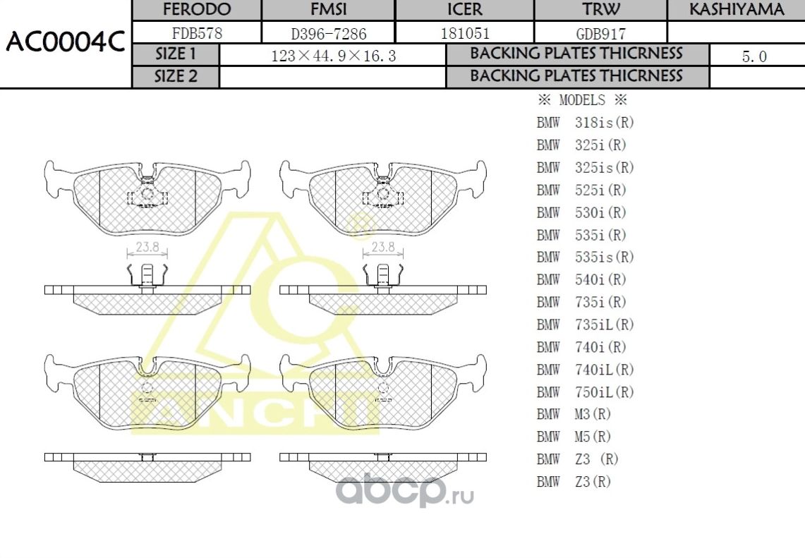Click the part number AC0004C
tap(65, 44)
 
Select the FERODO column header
tap(197, 10)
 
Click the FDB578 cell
tap(197, 33)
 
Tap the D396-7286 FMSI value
tap(329, 33)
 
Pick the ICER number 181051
tap(465, 33)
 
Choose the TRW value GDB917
tap(600, 33)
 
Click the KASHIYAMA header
tap(736, 10)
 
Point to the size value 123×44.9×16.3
tap(333, 56)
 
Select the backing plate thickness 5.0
tap(754, 56)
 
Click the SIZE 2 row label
tap(176, 77)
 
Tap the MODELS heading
tap(582, 100)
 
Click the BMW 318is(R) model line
tap(585, 123)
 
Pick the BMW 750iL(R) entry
tap(585, 392)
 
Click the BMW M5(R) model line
tap(574, 437)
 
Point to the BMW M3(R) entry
tap(574, 415)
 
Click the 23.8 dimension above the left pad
tap(147, 248)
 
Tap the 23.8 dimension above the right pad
tap(382, 248)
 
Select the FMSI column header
tap(329, 10)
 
